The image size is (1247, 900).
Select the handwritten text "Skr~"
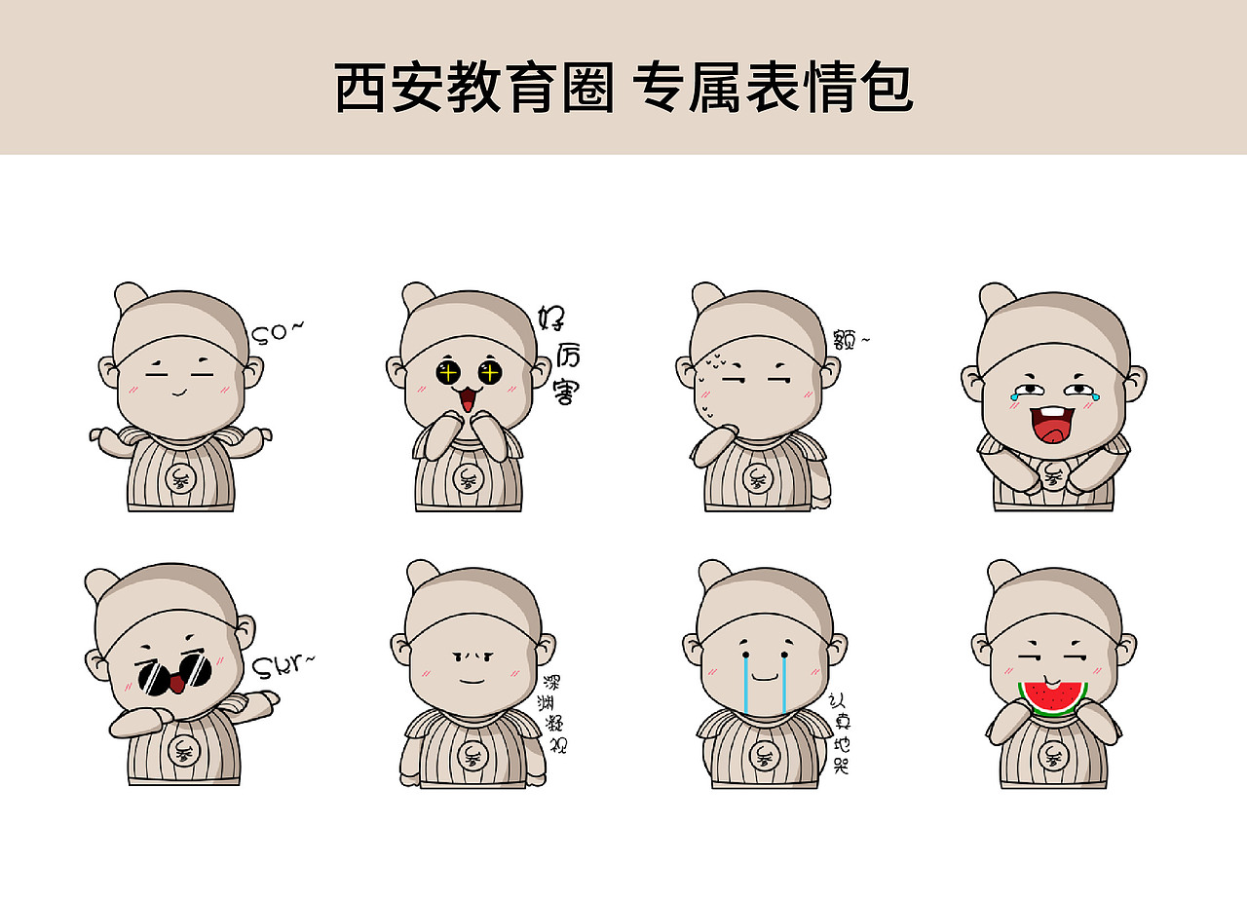283,666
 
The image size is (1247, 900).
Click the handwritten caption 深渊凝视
553,715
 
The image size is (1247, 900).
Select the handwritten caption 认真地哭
839,732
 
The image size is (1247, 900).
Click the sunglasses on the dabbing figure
173,674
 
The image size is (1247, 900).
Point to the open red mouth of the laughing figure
1051,425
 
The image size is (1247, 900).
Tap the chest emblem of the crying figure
762,754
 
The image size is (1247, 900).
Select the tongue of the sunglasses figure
177,685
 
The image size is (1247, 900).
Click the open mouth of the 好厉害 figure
468,399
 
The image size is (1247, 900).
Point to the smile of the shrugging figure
178,393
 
